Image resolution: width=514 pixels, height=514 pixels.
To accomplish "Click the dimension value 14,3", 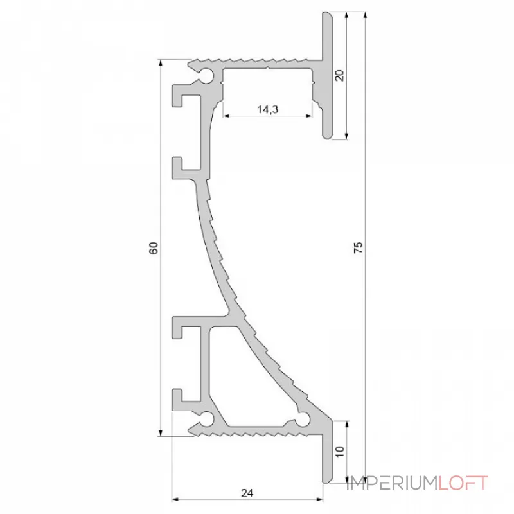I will click(267, 109).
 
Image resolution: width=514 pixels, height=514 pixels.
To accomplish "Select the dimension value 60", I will click(153, 248).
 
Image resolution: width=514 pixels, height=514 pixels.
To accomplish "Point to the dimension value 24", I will click(246, 493).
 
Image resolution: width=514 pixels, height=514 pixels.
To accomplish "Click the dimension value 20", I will click(340, 75).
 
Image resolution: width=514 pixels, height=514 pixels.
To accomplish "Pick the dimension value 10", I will click(340, 451).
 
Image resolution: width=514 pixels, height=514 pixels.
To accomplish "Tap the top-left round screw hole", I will click(209, 76).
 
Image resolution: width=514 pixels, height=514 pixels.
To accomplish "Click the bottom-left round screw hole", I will click(208, 420).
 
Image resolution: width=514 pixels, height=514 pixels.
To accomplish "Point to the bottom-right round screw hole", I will click(305, 420).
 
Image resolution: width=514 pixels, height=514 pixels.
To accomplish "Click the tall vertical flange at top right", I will click(327, 74).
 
